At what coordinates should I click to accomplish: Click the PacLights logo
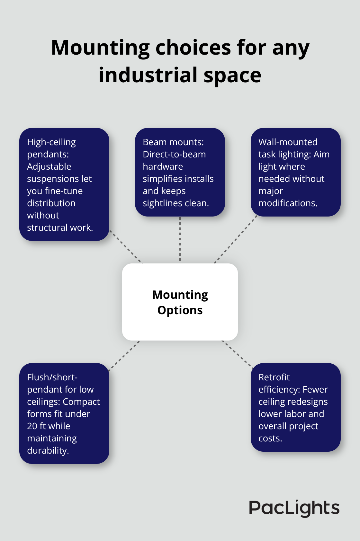(x=294, y=508)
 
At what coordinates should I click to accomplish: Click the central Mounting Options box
(x=180, y=302)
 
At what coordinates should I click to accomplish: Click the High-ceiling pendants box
(x=64, y=184)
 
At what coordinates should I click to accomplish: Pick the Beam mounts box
(x=180, y=172)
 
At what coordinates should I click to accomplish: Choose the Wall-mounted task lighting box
(x=296, y=172)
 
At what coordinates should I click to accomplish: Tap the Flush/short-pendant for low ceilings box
(x=64, y=413)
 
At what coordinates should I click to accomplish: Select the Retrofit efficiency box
(x=296, y=407)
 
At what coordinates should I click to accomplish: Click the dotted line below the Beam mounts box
(x=180, y=239)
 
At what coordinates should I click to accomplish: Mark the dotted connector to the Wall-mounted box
(x=236, y=240)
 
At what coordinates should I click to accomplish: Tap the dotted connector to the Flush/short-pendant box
(x=124, y=356)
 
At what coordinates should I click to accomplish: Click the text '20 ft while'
(x=49, y=426)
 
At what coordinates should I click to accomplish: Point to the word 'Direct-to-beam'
(x=174, y=154)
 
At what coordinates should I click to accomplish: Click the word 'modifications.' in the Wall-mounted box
(x=288, y=203)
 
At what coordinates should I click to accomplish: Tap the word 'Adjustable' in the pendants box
(x=49, y=166)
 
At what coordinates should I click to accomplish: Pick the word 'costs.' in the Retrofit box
(x=270, y=438)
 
